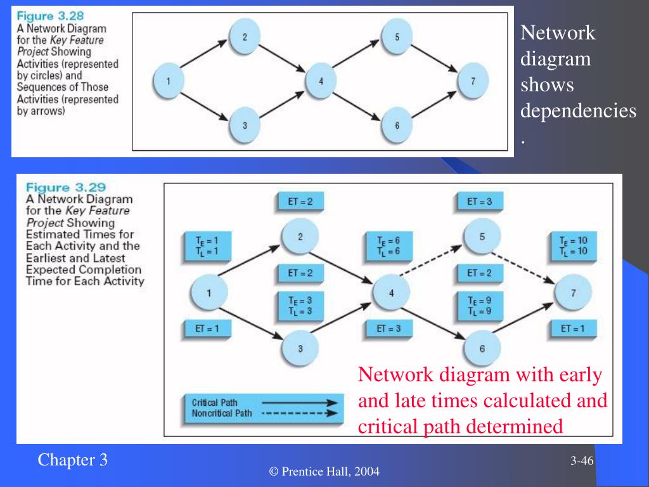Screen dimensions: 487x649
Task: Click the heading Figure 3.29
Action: pyautogui.click(x=65, y=187)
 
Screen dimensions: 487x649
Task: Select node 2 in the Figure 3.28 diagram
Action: pyautogui.click(x=245, y=37)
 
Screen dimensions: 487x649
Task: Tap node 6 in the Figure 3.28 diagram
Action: pyautogui.click(x=397, y=125)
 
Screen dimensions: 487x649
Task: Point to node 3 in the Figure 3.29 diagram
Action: pyautogui.click(x=301, y=348)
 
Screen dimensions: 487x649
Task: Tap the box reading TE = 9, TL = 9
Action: pyautogui.click(x=479, y=306)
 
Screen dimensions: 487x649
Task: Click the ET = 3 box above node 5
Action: pyautogui.click(x=479, y=202)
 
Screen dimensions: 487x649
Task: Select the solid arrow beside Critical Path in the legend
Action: pyautogui.click(x=302, y=402)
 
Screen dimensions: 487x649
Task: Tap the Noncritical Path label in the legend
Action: pyautogui.click(x=221, y=413)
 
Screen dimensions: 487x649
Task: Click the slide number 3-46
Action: pyautogui.click(x=581, y=460)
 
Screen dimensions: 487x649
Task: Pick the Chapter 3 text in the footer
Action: pyautogui.click(x=72, y=460)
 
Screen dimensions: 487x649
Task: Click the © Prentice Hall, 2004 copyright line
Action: pyautogui.click(x=324, y=471)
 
